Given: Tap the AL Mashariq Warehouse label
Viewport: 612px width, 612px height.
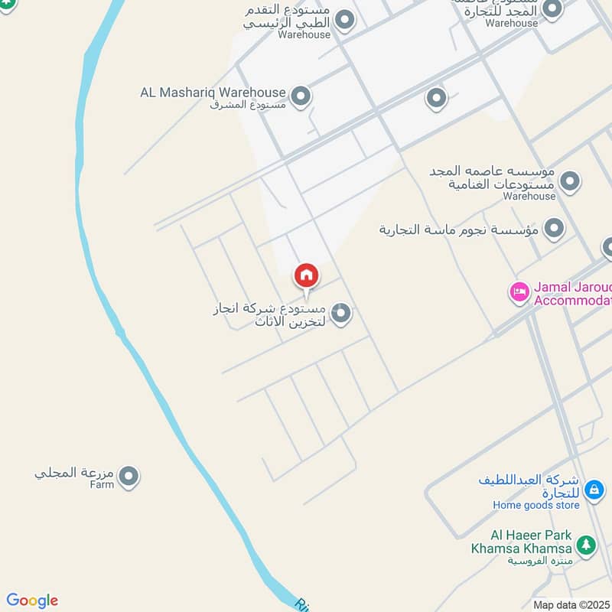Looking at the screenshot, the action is coord(213,93).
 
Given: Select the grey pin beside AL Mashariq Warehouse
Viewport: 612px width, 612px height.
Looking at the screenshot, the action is coord(301,96).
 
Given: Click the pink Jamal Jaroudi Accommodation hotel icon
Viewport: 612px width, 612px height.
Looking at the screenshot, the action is coord(520,292).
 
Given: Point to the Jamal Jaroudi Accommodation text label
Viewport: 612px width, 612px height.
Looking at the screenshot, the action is coord(572,294).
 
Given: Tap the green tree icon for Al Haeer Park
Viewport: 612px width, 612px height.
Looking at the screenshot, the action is coord(586,545).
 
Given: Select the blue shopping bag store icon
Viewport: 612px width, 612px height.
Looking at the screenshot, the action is coord(593,488).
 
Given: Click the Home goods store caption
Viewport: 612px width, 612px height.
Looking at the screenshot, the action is coord(536,505).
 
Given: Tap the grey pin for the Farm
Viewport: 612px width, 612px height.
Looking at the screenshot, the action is coord(129,477).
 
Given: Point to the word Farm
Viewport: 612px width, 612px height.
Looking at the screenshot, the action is coord(101,484).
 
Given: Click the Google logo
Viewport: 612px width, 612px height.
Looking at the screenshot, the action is coord(32,601).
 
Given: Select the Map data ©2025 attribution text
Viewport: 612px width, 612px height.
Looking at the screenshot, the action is coord(571,604).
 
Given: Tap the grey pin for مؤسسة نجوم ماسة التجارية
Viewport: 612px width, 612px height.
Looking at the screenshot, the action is coord(554,228).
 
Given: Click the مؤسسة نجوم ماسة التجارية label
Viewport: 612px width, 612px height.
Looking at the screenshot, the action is coord(459,229).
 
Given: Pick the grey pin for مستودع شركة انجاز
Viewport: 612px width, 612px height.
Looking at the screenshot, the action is coord(341,313).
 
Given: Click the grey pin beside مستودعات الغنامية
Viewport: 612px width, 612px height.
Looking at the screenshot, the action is coord(569,181).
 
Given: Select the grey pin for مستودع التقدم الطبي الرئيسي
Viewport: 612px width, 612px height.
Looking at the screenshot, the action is coord(346,20).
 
